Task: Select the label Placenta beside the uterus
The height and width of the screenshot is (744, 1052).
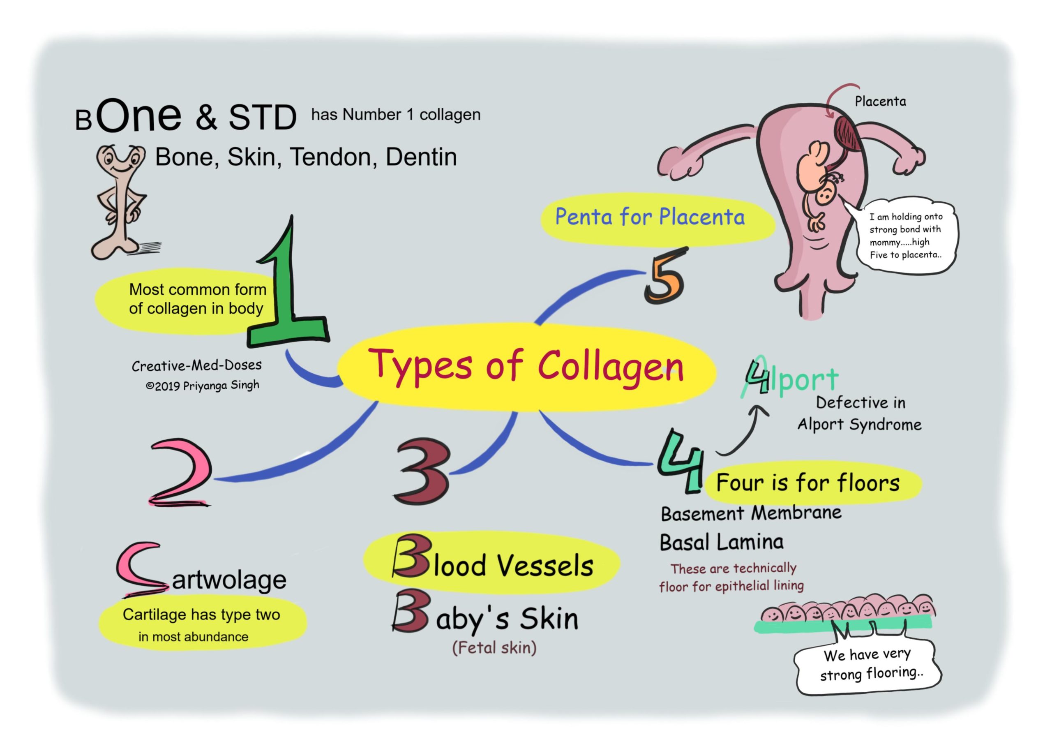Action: point(880,101)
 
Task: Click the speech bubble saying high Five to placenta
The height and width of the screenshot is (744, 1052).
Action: point(905,236)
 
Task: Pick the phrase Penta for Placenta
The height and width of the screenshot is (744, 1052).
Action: point(650,217)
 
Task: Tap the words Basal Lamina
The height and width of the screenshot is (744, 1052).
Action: point(722,542)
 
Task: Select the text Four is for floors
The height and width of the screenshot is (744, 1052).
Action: point(807,483)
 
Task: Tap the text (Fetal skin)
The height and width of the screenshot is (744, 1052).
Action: point(494,648)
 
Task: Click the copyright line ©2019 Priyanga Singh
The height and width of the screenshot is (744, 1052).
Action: point(203,386)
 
